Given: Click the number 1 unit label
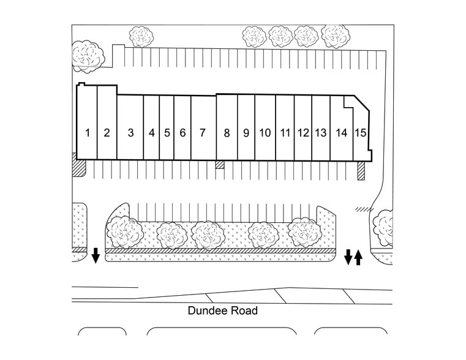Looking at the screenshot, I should point(88,132).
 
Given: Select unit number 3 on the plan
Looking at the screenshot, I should point(130,132).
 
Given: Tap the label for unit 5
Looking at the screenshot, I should point(167,132).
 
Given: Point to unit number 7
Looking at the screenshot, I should point(202,132).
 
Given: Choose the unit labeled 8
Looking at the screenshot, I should point(227,133).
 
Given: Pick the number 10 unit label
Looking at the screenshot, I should point(265,133).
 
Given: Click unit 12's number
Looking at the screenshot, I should point(303,133).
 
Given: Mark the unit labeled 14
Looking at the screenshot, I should point(342,133).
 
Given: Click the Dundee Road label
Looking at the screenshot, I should point(222,311).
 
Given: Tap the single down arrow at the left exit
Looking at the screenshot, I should point(96,255).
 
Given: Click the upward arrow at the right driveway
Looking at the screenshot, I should point(358,257).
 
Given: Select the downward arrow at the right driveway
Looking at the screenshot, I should point(348,257).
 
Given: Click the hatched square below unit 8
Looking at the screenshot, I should point(220,165).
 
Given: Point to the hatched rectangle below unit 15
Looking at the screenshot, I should point(361,171).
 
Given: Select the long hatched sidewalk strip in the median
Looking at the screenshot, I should point(220,251).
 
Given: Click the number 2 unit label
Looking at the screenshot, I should point(107,132).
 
